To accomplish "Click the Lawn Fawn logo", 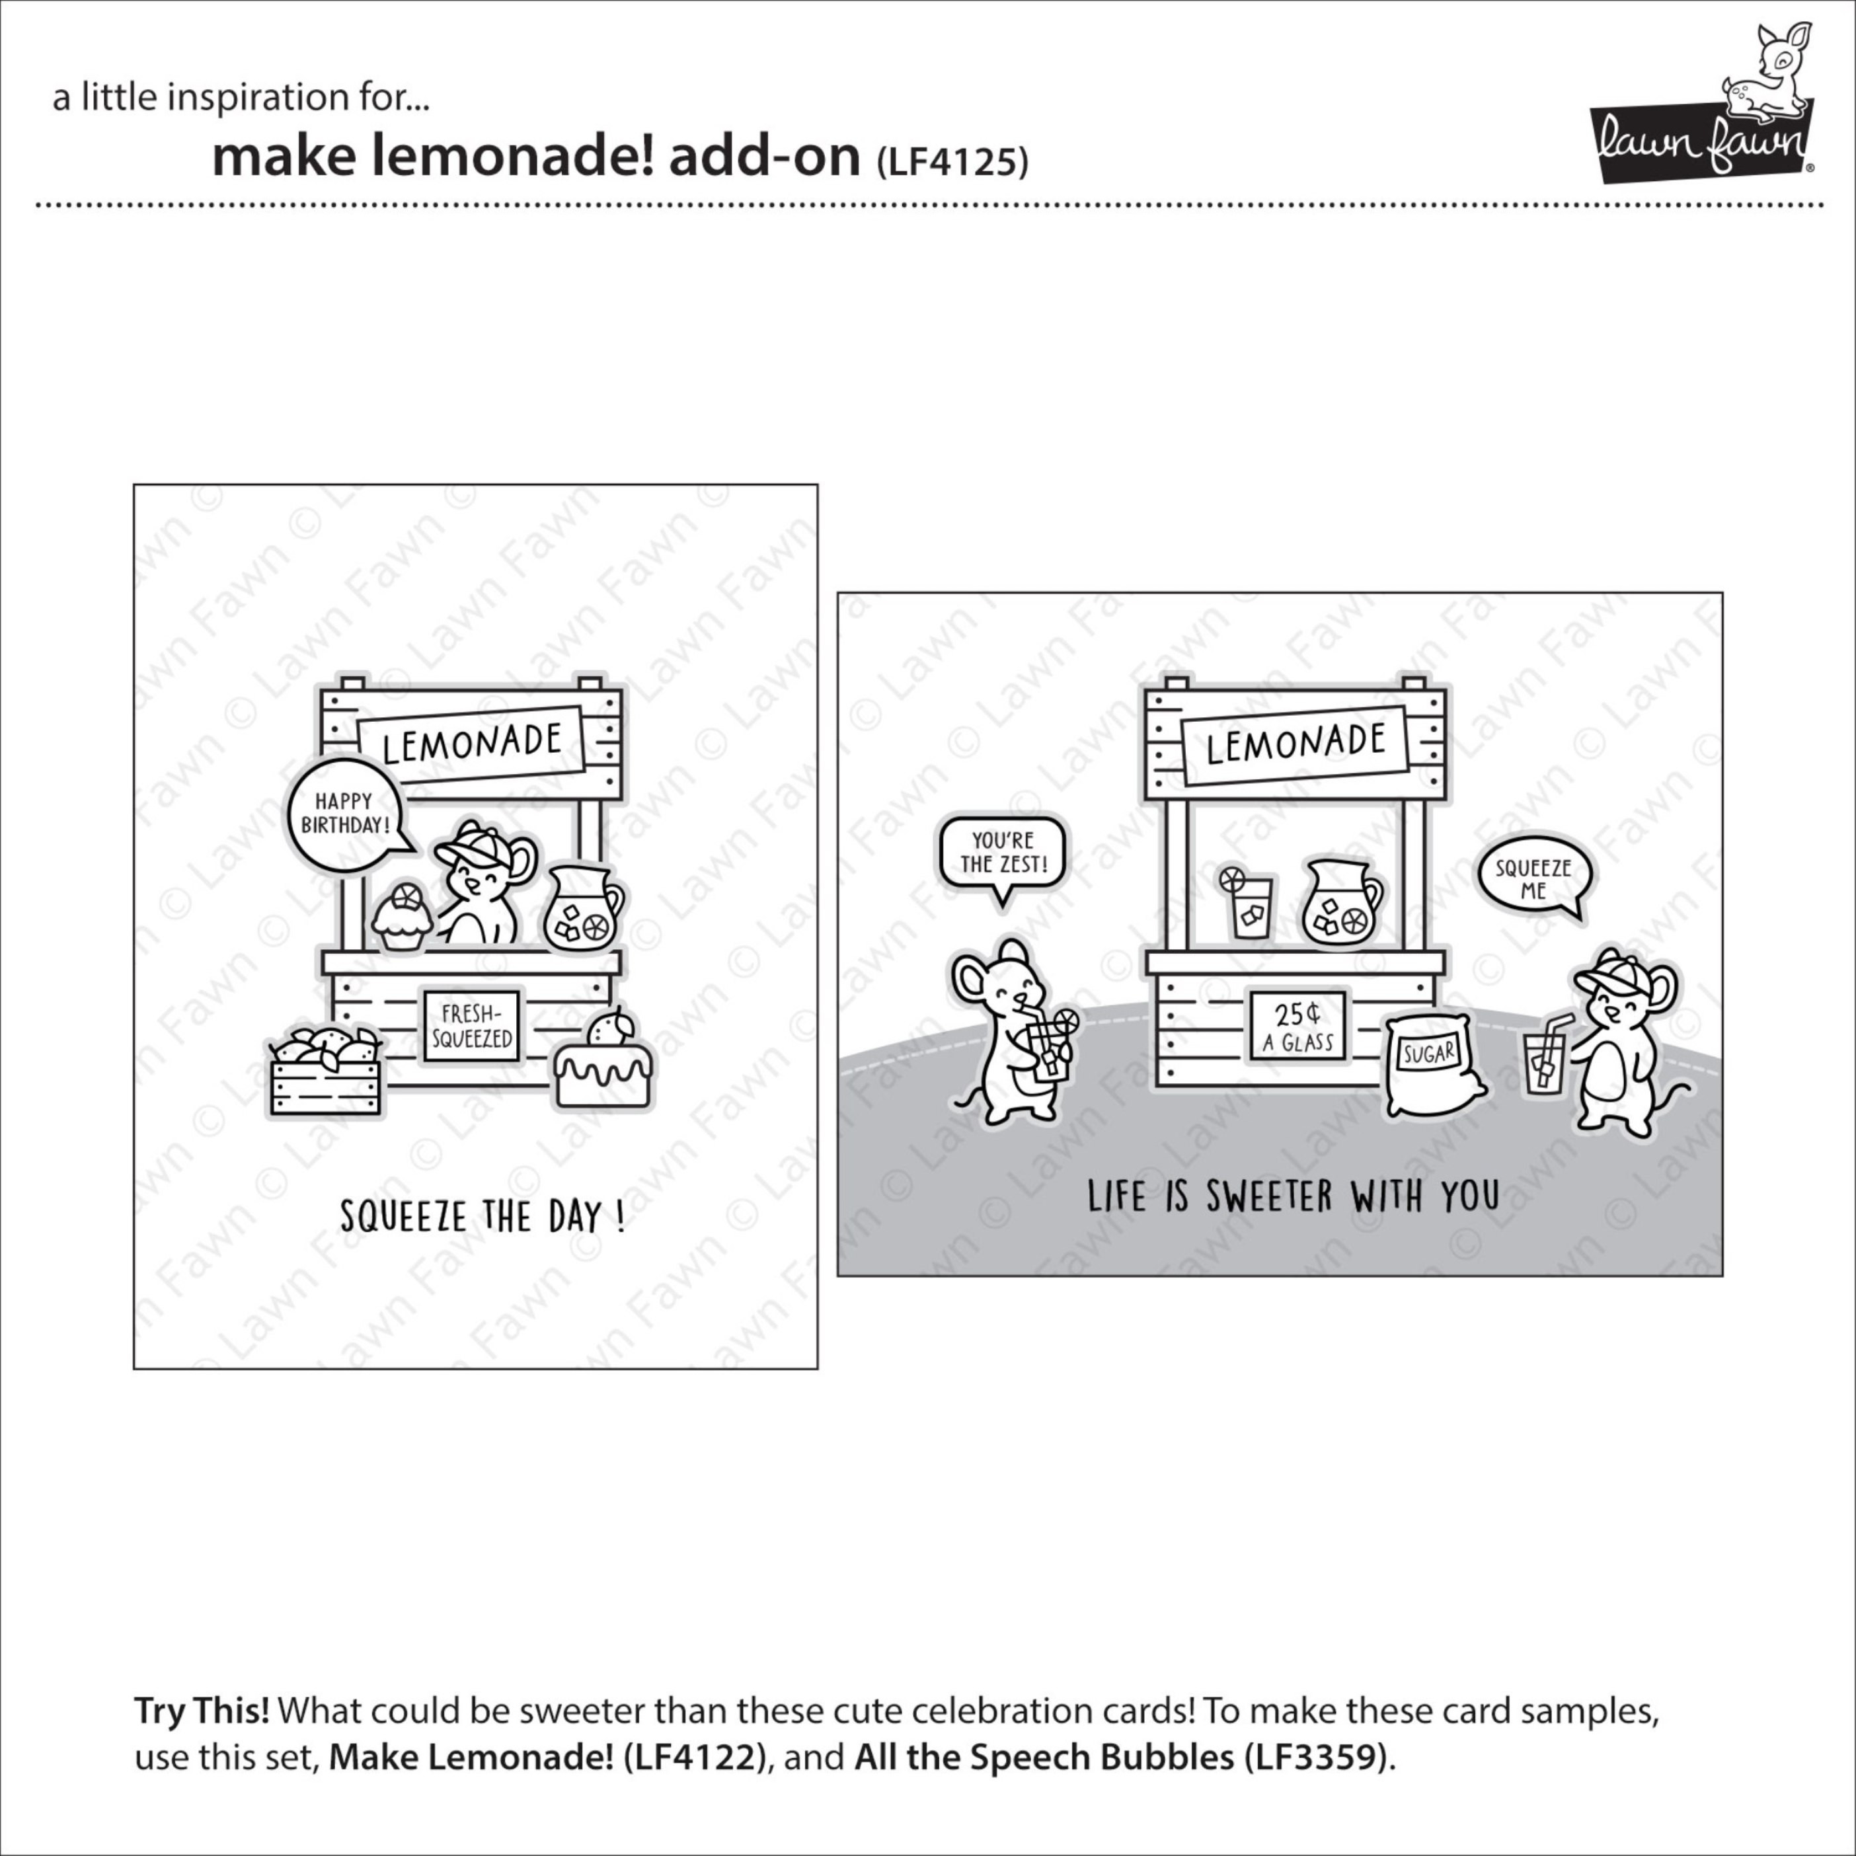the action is (x=1701, y=104).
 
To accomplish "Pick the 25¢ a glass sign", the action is (x=1297, y=1027).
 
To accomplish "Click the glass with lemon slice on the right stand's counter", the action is (x=1247, y=902).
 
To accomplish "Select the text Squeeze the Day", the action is (x=483, y=1217).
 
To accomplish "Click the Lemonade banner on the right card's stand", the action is (x=1295, y=744).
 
